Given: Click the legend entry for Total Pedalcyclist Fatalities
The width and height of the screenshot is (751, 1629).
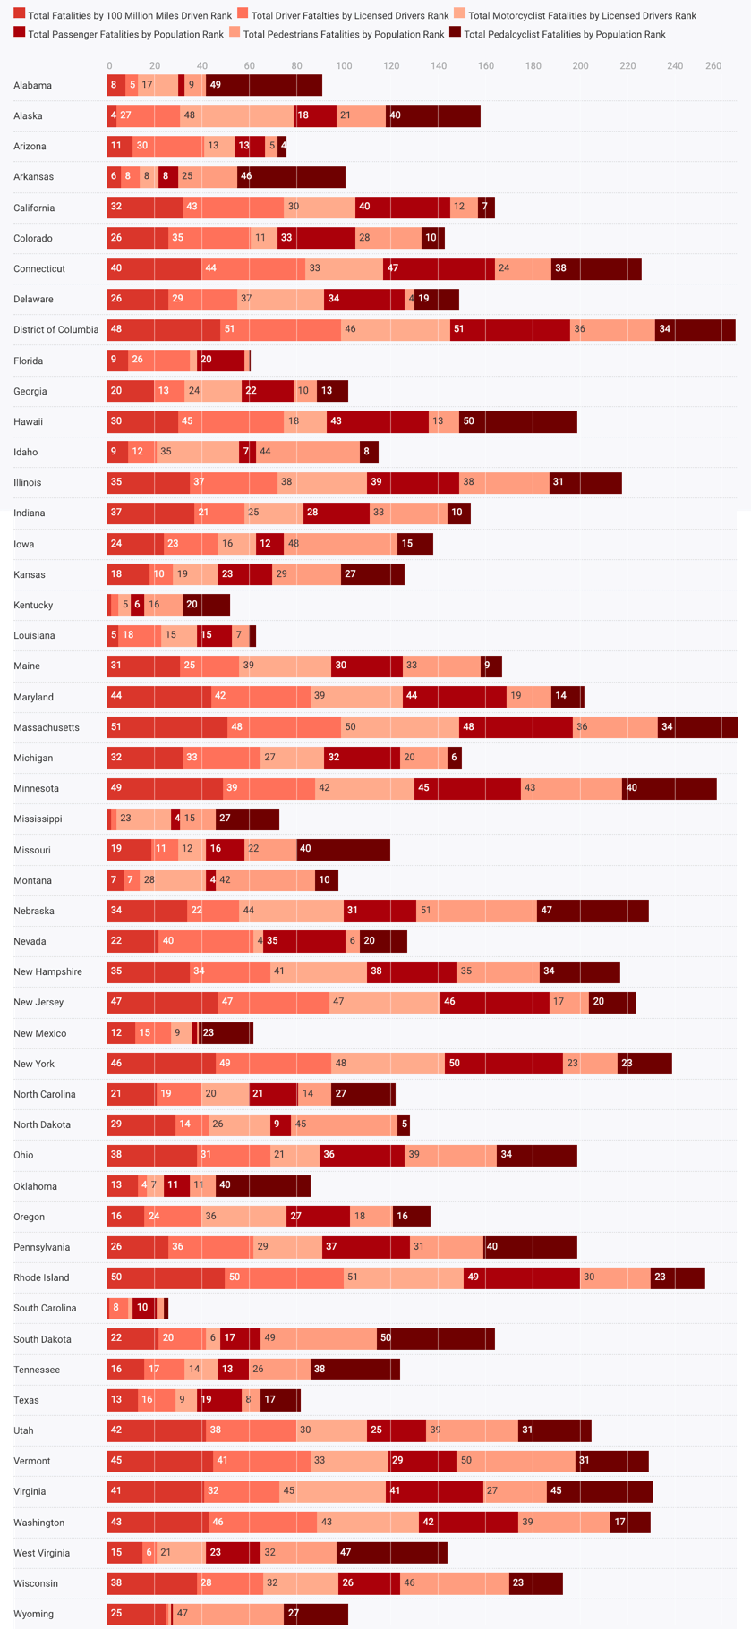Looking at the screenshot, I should click(564, 34).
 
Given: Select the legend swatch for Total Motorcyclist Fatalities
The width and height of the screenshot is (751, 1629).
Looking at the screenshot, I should click(460, 15).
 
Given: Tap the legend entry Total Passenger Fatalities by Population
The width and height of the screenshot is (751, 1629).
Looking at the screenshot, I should click(125, 34).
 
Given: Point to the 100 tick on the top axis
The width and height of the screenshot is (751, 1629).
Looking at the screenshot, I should click(344, 66).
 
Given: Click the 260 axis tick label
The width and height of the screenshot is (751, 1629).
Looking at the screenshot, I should click(713, 66).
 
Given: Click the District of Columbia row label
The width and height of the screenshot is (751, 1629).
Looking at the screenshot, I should click(55, 329).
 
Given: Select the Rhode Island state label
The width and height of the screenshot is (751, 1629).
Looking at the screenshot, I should click(41, 1277).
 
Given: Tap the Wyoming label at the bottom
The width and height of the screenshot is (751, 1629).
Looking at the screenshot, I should click(33, 1614).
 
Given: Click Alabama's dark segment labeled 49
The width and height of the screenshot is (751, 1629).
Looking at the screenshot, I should click(264, 85).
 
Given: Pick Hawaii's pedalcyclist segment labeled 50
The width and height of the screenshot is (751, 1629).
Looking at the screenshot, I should click(517, 421).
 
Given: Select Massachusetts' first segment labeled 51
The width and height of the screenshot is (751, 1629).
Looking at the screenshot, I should click(166, 727).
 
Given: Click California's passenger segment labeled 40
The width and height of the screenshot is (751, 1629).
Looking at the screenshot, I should click(402, 208).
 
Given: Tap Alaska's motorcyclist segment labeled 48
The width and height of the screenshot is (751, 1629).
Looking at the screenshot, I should click(236, 115).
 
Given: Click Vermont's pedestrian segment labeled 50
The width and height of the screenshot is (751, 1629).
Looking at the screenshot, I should click(515, 1461).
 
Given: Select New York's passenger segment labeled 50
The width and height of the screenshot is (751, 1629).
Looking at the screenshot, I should click(503, 1064).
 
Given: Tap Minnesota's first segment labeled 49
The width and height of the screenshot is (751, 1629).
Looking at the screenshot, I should click(165, 788).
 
